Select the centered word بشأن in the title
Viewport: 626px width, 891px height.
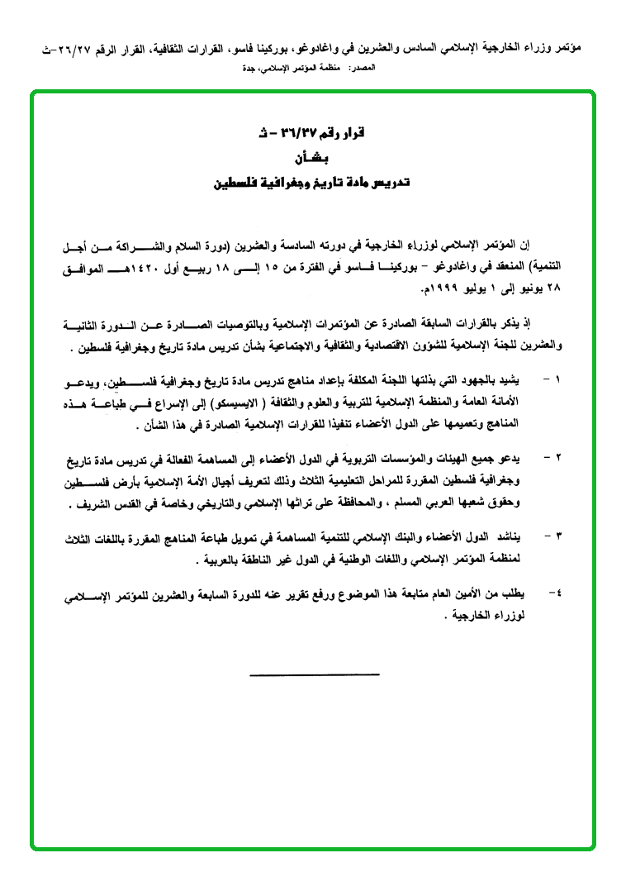311,159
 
